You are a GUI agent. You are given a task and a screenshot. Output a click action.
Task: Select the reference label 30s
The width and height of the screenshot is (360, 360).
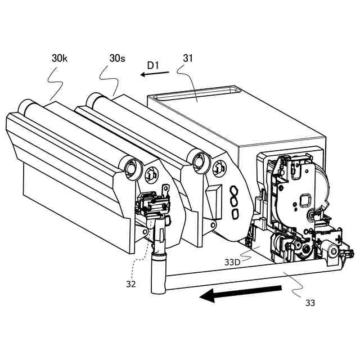118,58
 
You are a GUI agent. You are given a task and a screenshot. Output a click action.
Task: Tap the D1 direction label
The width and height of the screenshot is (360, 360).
154,66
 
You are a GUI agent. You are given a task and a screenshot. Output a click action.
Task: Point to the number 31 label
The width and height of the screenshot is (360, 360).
188,58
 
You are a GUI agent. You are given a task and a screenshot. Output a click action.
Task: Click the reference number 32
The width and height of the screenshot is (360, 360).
130,284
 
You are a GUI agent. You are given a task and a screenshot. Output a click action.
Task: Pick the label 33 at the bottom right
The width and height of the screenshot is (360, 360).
310,303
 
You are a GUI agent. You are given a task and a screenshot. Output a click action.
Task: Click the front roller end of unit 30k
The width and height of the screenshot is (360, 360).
132,167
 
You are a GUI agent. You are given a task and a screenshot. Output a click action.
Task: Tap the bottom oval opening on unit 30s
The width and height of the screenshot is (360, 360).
236,213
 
